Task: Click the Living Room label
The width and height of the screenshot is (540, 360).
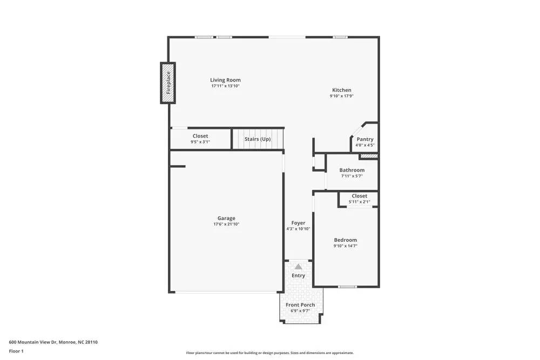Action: [225, 80]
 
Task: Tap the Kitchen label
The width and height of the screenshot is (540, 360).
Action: [341, 90]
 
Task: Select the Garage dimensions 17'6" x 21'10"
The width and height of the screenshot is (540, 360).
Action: [226, 224]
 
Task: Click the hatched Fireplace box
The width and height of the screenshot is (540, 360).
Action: [168, 83]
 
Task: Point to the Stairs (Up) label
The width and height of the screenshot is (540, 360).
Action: [258, 139]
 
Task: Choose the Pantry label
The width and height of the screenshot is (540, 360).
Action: [365, 139]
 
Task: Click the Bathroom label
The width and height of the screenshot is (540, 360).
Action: [352, 170]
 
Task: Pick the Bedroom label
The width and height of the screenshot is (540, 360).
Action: [345, 240]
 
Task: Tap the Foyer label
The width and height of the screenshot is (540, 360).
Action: [298, 222]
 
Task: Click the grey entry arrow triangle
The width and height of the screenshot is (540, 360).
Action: [298, 266]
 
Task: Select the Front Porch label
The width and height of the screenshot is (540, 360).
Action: [300, 305]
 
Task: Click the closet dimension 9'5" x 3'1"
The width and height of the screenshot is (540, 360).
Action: [200, 142]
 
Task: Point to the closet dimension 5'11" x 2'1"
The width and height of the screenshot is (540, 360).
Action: [359, 202]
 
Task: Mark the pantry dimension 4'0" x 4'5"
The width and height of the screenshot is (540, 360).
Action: [365, 145]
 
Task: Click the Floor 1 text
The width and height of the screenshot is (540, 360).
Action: [16, 351]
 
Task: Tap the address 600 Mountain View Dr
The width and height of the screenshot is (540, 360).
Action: [53, 342]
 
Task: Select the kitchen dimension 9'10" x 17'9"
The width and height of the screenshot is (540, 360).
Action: [341, 96]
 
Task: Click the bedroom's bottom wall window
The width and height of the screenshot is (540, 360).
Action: [347, 287]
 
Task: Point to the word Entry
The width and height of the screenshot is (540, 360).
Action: [298, 275]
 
